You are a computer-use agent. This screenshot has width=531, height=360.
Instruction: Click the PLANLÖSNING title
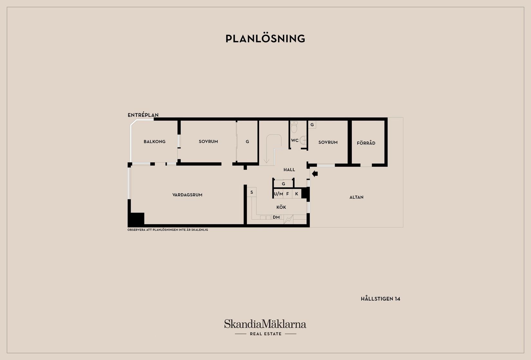click(x=265, y=39)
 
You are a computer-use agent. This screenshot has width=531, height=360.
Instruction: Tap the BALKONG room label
click(x=154, y=142)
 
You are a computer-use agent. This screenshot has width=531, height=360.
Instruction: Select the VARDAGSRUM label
click(x=187, y=195)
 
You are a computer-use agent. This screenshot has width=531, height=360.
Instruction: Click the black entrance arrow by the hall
click(x=315, y=174)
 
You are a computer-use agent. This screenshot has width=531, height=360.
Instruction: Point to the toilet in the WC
click(x=294, y=127)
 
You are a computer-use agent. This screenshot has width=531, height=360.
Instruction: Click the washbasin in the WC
click(x=303, y=140)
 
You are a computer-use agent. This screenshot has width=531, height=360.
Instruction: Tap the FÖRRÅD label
click(x=366, y=143)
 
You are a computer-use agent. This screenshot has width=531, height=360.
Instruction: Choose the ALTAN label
click(x=356, y=197)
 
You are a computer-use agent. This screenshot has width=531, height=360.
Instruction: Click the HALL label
click(x=289, y=170)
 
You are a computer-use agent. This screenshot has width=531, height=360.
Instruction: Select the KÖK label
click(x=281, y=207)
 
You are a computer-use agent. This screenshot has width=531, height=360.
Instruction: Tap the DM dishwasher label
click(x=276, y=217)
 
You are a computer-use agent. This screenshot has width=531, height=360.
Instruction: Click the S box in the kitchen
click(x=252, y=192)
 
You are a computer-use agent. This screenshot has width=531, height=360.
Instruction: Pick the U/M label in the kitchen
click(x=278, y=194)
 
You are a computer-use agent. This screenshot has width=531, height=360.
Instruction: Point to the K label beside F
click(x=296, y=194)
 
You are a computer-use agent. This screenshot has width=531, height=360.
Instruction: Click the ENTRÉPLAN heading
click(x=143, y=115)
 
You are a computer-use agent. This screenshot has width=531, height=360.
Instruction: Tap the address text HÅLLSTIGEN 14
click(x=380, y=299)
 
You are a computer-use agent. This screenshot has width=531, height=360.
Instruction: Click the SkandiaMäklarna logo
click(x=265, y=327)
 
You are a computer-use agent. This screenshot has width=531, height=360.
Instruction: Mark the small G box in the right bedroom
click(x=312, y=125)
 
